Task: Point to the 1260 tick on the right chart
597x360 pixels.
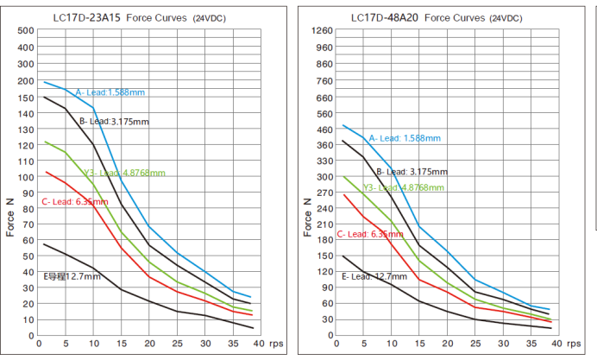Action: pos(322,31)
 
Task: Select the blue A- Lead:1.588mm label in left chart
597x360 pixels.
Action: pos(110,92)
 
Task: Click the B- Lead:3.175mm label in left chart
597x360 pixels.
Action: pos(114,122)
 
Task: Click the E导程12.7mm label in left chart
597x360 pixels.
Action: pos(72,276)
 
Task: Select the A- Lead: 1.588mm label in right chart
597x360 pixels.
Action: pos(405,138)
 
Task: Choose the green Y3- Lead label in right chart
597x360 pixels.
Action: pos(405,186)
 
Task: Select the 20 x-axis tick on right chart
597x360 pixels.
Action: pos(447,344)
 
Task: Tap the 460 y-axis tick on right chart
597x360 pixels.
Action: pos(323,130)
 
